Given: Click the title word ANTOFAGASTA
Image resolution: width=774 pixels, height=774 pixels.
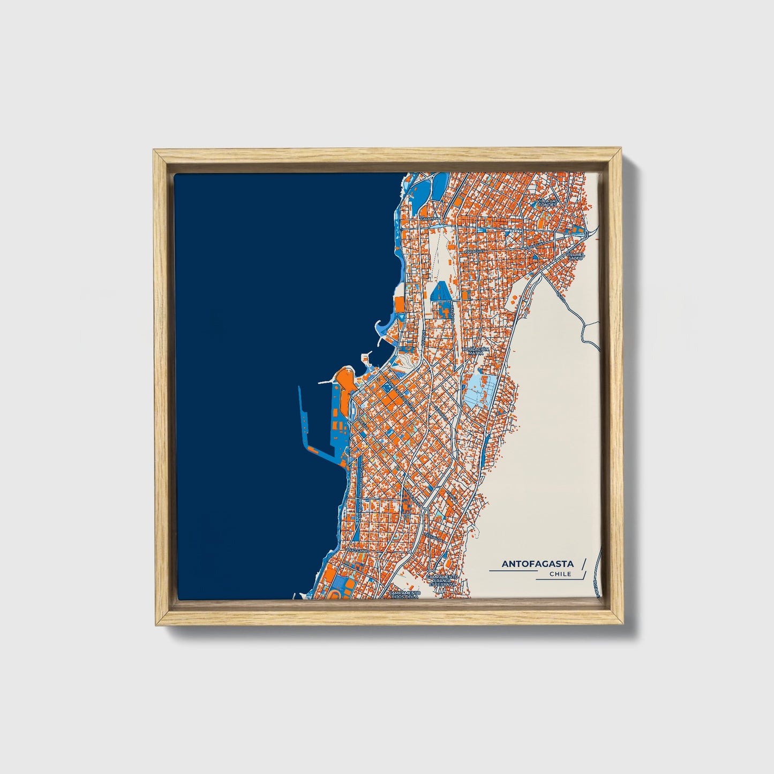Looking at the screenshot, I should tap(537, 563).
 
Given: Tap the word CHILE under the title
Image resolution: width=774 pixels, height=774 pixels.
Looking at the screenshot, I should tap(560, 574).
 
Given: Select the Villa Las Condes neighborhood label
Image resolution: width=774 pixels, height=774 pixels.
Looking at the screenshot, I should tap(547, 202).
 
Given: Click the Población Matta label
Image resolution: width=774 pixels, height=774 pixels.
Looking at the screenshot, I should tap(475, 351).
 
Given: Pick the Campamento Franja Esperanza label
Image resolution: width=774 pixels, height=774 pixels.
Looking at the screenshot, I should tap(443, 581).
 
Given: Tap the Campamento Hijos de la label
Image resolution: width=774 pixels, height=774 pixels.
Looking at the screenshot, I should tap(403, 596).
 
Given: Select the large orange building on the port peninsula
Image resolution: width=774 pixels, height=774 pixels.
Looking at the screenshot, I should tap(343, 378).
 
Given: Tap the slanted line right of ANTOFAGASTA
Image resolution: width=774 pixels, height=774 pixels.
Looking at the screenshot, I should tap(583, 563).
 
